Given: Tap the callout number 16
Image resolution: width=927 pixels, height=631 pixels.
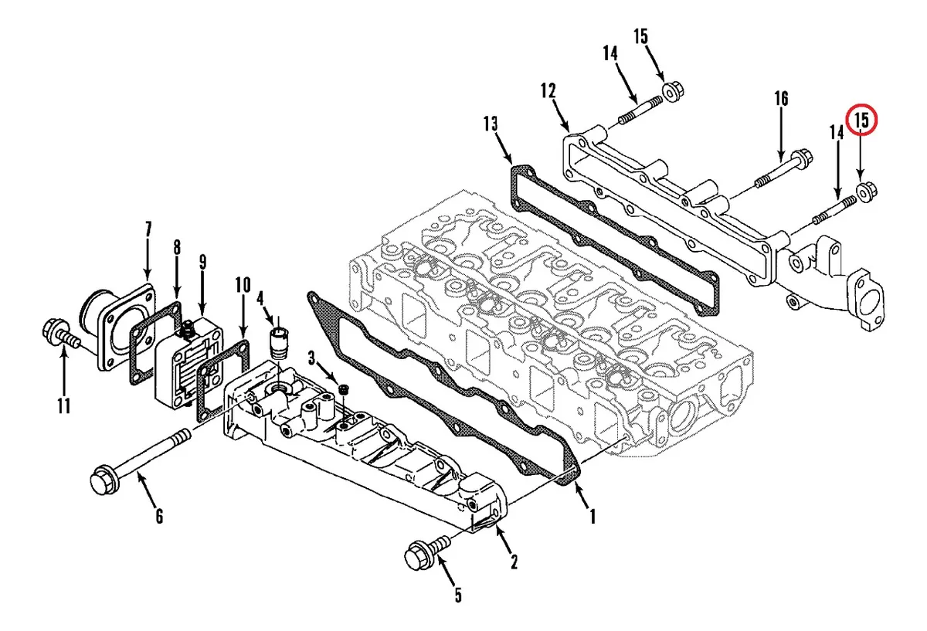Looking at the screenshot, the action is (x=781, y=99).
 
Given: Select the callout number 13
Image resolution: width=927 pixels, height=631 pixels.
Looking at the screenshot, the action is (x=491, y=124).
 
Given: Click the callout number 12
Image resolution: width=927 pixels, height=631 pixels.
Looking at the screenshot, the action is (x=548, y=90).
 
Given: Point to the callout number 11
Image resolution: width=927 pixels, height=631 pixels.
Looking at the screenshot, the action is (x=63, y=406).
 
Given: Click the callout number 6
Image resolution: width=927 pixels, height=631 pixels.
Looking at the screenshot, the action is (x=159, y=516).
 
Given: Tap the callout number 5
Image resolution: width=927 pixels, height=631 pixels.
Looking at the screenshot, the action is (x=458, y=595).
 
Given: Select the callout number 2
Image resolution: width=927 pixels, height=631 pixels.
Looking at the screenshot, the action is (x=514, y=562).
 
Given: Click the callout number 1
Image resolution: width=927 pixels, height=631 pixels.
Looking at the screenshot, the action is (x=593, y=517).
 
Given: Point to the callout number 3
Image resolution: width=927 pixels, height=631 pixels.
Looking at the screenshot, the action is (x=311, y=358).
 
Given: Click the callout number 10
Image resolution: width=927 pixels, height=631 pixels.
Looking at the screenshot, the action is (x=243, y=285).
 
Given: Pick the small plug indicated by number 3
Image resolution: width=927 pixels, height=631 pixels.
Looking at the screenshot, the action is (x=343, y=389).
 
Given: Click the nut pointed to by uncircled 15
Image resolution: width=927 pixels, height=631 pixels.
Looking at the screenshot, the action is (x=673, y=91).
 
